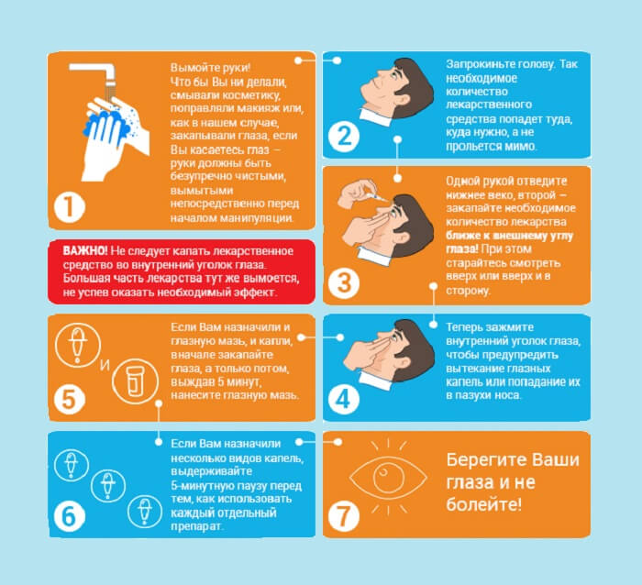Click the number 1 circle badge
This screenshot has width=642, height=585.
click(69, 207)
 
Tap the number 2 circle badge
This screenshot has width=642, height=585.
click(344, 137)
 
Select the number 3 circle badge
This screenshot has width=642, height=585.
click(344, 283)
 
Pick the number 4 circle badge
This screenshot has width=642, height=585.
click(344, 399)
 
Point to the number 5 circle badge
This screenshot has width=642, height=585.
click(69, 399)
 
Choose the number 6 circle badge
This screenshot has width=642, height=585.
click(69, 516)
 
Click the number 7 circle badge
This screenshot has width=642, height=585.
click(344, 516)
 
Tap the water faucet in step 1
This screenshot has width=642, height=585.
click(94, 72)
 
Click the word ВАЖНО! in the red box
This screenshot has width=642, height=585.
click(85, 250)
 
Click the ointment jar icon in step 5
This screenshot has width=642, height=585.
click(135, 381)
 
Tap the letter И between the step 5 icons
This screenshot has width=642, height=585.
click(105, 364)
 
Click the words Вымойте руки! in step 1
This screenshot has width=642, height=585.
click(210, 67)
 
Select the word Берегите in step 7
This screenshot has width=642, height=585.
click(475, 459)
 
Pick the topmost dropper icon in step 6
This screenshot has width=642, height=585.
click(72, 465)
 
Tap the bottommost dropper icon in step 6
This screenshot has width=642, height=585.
click(145, 511)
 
